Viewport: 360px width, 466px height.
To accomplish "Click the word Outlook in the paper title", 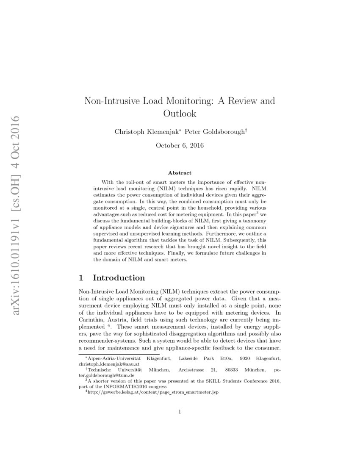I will click(x=180, y=114).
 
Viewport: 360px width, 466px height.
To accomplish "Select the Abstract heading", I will click(x=180, y=173).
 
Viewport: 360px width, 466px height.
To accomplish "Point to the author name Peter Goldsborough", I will click(x=215, y=132).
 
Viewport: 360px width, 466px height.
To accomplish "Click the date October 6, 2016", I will click(x=180, y=146).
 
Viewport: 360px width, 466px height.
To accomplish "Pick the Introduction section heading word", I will click(x=119, y=278).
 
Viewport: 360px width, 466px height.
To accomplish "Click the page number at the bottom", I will click(x=180, y=411).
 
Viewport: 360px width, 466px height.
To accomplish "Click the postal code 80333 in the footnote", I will click(x=233, y=370).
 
